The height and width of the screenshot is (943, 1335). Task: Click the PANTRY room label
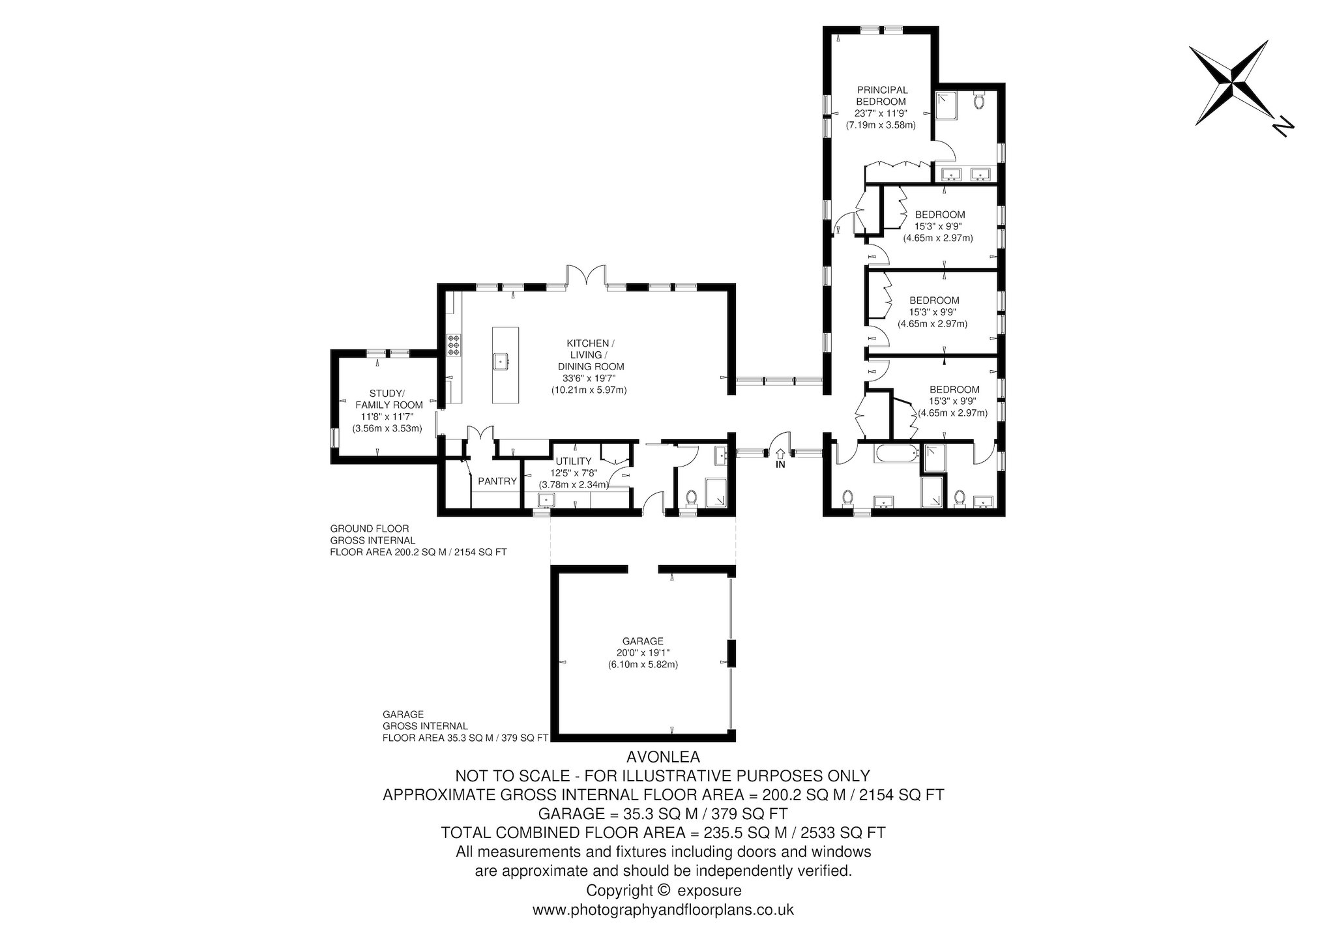click(x=497, y=482)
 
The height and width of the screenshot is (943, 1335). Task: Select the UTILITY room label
click(x=574, y=461)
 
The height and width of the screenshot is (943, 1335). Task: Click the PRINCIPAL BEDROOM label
click(x=882, y=96)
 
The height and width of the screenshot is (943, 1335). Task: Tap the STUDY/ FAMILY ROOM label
click(x=387, y=399)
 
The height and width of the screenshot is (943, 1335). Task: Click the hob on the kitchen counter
click(x=453, y=345)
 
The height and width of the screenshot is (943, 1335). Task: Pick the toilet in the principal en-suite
click(x=978, y=100)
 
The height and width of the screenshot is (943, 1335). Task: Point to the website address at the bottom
click(x=663, y=909)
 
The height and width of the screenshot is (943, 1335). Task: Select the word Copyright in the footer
click(x=619, y=890)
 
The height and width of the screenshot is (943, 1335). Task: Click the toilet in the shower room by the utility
click(x=692, y=499)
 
